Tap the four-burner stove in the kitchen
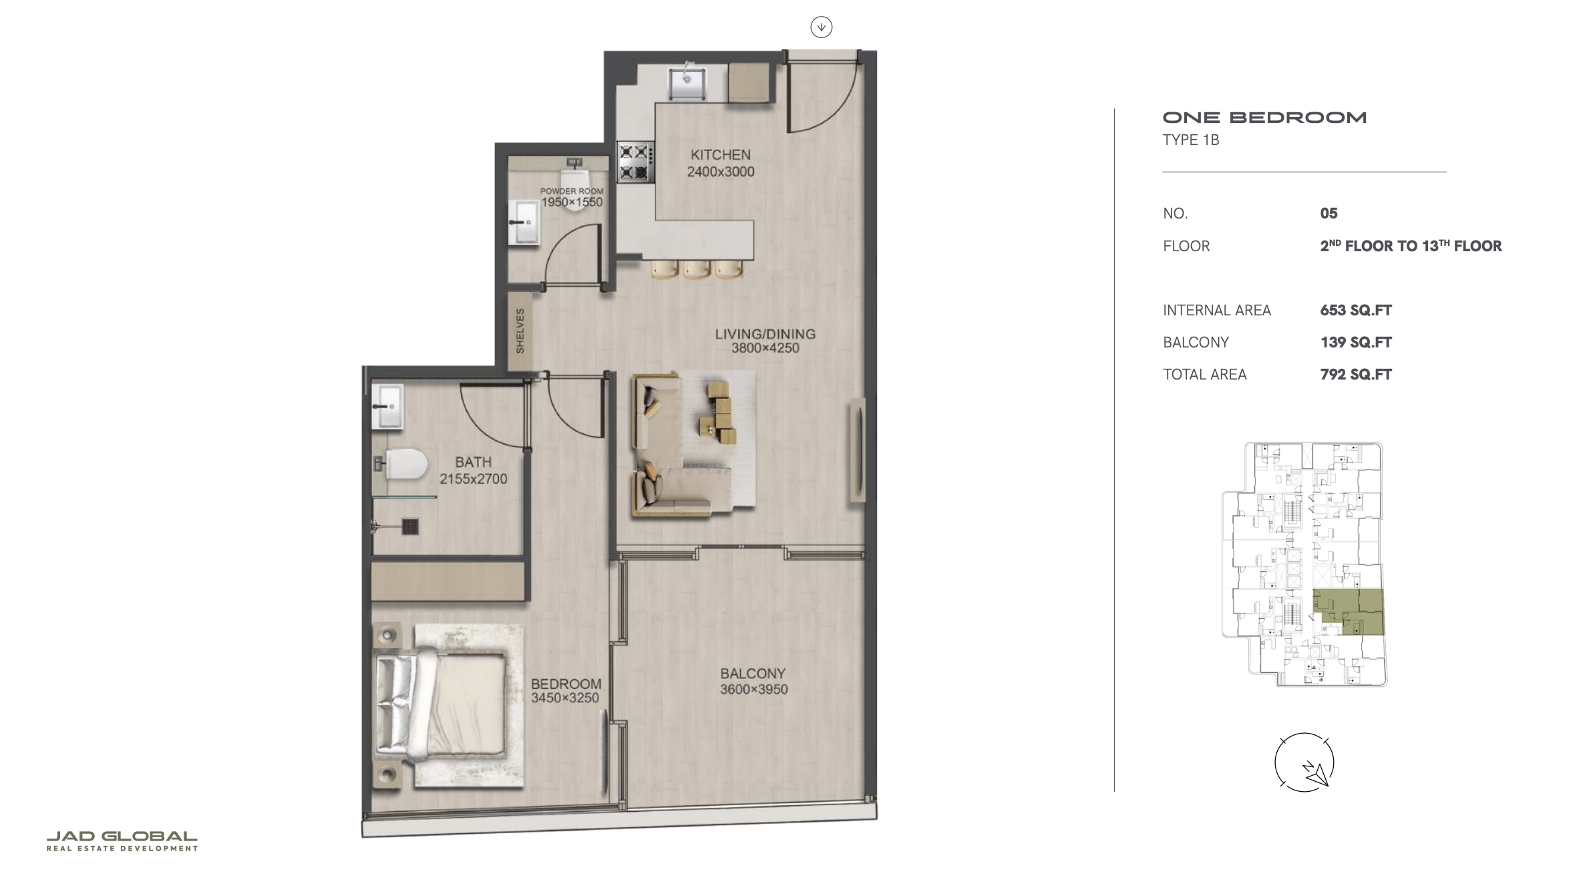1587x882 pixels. (635, 162)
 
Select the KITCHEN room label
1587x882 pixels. (721, 154)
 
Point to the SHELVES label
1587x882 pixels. (520, 331)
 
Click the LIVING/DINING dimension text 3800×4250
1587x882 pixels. (765, 348)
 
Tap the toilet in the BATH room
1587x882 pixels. (401, 464)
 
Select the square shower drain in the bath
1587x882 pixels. (410, 527)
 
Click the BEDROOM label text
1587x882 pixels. (566, 684)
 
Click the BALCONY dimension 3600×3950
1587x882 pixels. (754, 689)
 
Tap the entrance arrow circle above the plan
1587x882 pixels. (822, 27)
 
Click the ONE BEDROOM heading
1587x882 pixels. (1265, 118)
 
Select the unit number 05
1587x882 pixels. (1329, 213)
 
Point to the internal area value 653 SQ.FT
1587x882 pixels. (1356, 310)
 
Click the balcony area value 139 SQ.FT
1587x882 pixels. (1356, 342)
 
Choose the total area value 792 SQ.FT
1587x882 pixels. (1356, 374)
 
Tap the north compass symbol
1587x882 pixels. (1304, 762)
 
